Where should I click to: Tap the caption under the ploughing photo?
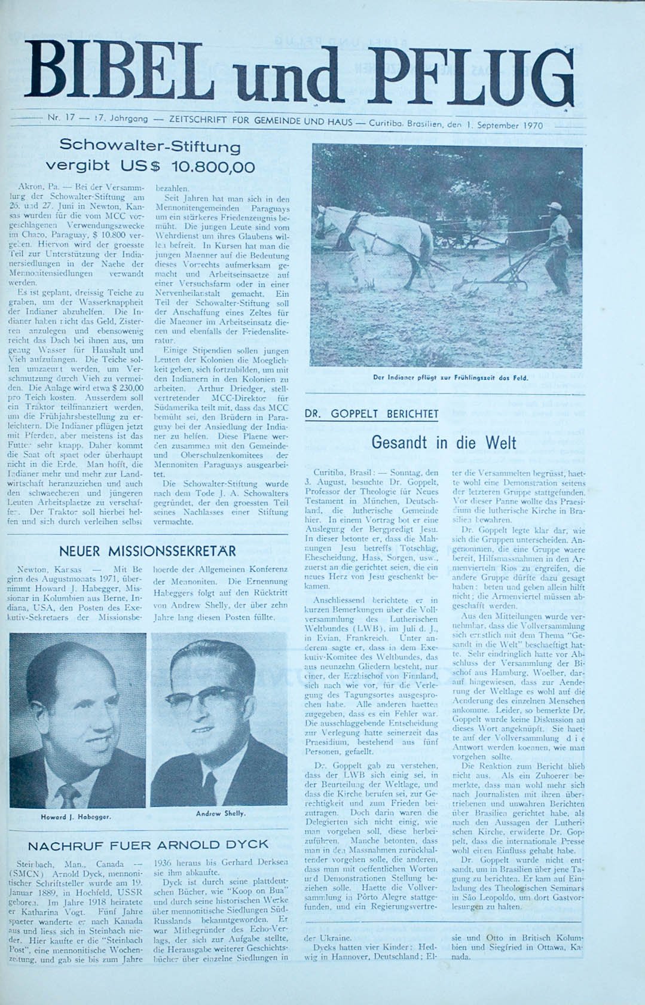click(450, 377)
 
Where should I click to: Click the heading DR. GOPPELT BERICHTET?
click(371, 414)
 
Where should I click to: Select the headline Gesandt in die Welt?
click(444, 443)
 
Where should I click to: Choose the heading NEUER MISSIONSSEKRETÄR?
click(147, 551)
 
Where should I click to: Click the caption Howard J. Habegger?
click(76, 817)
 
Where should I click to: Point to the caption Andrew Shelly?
click(221, 813)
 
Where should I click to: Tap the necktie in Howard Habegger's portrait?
click(70, 793)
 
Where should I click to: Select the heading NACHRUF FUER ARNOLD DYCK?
click(148, 845)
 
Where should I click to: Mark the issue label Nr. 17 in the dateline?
click(61, 118)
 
